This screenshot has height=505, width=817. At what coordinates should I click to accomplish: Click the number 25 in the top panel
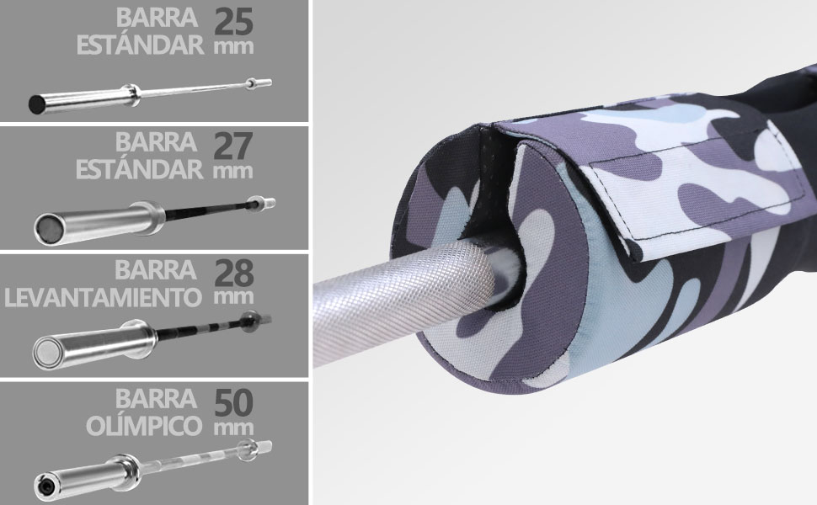(x=233, y=21)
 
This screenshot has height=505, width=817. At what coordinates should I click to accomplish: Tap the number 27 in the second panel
(x=233, y=146)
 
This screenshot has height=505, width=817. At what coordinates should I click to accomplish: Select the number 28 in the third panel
(x=234, y=273)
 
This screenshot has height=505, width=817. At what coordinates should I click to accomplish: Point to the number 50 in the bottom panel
(x=234, y=402)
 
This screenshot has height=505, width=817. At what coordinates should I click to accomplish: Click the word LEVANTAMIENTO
(x=103, y=298)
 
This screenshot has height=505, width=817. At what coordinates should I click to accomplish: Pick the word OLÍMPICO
(x=144, y=425)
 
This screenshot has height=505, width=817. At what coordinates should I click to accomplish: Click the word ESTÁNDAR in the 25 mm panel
(x=140, y=45)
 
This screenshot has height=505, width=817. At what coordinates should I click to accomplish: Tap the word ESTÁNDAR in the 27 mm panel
(x=140, y=169)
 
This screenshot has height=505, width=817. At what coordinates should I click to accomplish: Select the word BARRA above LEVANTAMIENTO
(x=156, y=269)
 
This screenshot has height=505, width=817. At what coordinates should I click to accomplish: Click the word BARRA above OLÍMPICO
(x=157, y=399)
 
